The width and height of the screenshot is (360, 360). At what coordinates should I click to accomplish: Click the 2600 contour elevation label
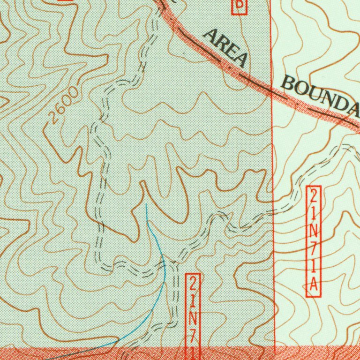tap(63, 106)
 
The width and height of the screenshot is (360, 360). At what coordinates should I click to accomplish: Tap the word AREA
tap(225, 47)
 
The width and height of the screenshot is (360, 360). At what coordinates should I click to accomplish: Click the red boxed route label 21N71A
tap(314, 241)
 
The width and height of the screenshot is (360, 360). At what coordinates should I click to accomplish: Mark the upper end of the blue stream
tap(146, 204)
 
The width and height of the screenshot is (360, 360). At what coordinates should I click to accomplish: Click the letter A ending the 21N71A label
tap(314, 284)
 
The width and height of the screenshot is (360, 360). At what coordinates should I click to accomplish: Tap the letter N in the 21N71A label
tap(314, 230)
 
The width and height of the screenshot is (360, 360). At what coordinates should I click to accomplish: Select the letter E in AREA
tap(231, 51)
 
